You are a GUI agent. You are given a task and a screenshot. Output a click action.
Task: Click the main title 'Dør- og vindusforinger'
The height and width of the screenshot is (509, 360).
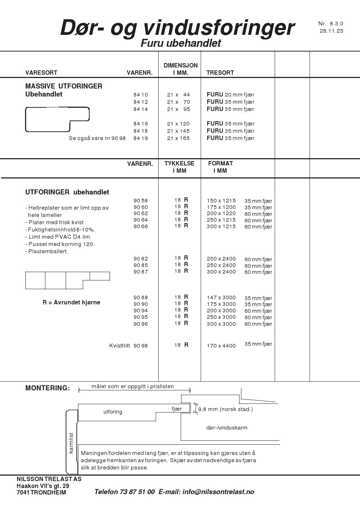(x=177, y=28)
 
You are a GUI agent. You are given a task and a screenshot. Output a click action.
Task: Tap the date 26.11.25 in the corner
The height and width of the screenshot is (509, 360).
(x=331, y=31)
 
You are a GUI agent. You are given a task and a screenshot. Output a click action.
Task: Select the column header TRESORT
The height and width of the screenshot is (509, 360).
(x=220, y=73)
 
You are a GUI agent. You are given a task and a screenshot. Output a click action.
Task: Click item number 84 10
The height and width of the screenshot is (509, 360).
(x=141, y=95)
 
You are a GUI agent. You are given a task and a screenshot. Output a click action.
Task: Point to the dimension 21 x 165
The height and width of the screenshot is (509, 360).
(x=178, y=138)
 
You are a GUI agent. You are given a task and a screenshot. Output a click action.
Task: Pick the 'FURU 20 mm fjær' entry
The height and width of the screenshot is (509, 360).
(x=230, y=95)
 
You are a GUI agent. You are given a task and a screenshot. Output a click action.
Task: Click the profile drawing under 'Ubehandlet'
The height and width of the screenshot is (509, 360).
(x=57, y=119)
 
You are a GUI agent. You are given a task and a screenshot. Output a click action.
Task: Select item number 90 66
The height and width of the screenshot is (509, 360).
(x=141, y=226)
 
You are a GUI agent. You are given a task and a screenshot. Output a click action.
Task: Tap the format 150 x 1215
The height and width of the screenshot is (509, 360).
(x=221, y=201)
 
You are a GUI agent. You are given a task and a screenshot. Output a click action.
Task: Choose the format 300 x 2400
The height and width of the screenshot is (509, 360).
(x=221, y=272)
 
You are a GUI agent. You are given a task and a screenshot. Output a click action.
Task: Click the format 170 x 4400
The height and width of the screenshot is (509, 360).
(x=221, y=346)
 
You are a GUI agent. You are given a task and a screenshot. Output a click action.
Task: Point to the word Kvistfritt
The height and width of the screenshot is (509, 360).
(x=119, y=346)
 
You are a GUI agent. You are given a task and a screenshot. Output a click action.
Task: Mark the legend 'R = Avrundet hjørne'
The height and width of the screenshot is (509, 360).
(x=71, y=302)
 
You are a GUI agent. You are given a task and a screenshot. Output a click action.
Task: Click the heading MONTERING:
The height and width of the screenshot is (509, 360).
(x=48, y=388)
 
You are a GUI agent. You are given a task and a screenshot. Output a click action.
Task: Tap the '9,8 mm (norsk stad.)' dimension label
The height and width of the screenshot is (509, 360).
(x=225, y=409)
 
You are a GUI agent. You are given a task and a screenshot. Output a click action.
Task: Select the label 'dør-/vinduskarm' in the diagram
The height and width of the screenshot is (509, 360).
(x=227, y=428)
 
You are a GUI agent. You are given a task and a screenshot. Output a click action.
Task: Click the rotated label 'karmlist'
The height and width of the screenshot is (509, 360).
(x=71, y=443)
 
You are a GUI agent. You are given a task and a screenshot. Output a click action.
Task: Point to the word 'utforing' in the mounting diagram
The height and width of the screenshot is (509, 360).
(x=113, y=412)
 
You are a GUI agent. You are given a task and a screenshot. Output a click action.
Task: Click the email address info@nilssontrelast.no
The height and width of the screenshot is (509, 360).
(x=218, y=492)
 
